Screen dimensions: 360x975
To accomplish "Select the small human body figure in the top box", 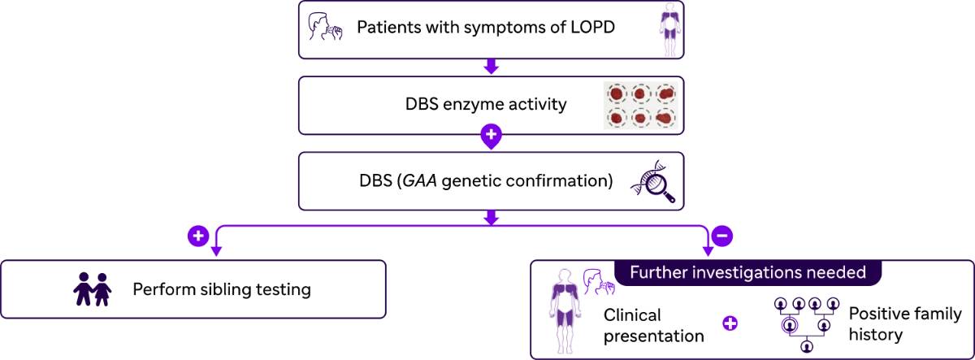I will click(x=669, y=29).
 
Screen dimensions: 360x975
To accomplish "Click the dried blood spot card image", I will click(x=641, y=105).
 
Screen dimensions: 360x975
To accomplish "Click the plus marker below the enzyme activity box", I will click(x=490, y=136).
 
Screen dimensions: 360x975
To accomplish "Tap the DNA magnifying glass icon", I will click(x=655, y=182).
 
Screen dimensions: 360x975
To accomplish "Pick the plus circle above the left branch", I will click(x=198, y=236).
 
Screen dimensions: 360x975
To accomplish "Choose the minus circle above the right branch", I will click(x=722, y=236).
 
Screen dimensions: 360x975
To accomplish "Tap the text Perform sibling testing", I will click(x=222, y=288).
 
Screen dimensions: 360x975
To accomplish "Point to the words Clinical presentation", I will click(x=652, y=324).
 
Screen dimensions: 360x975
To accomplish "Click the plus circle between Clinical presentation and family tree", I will click(x=730, y=323).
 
